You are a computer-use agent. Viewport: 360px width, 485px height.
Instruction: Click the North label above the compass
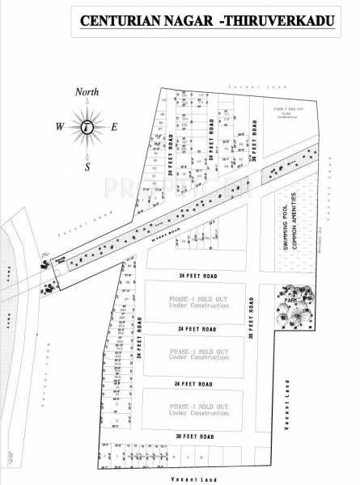[x=87, y=92]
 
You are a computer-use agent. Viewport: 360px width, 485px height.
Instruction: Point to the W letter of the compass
[x=60, y=126]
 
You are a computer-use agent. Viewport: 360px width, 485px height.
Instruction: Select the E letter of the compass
[x=114, y=126]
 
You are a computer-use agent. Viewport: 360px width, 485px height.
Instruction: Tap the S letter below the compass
[x=87, y=167]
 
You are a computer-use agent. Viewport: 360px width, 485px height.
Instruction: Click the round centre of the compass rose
[x=87, y=126]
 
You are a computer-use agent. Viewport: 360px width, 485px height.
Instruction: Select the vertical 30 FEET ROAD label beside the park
[x=252, y=316]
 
